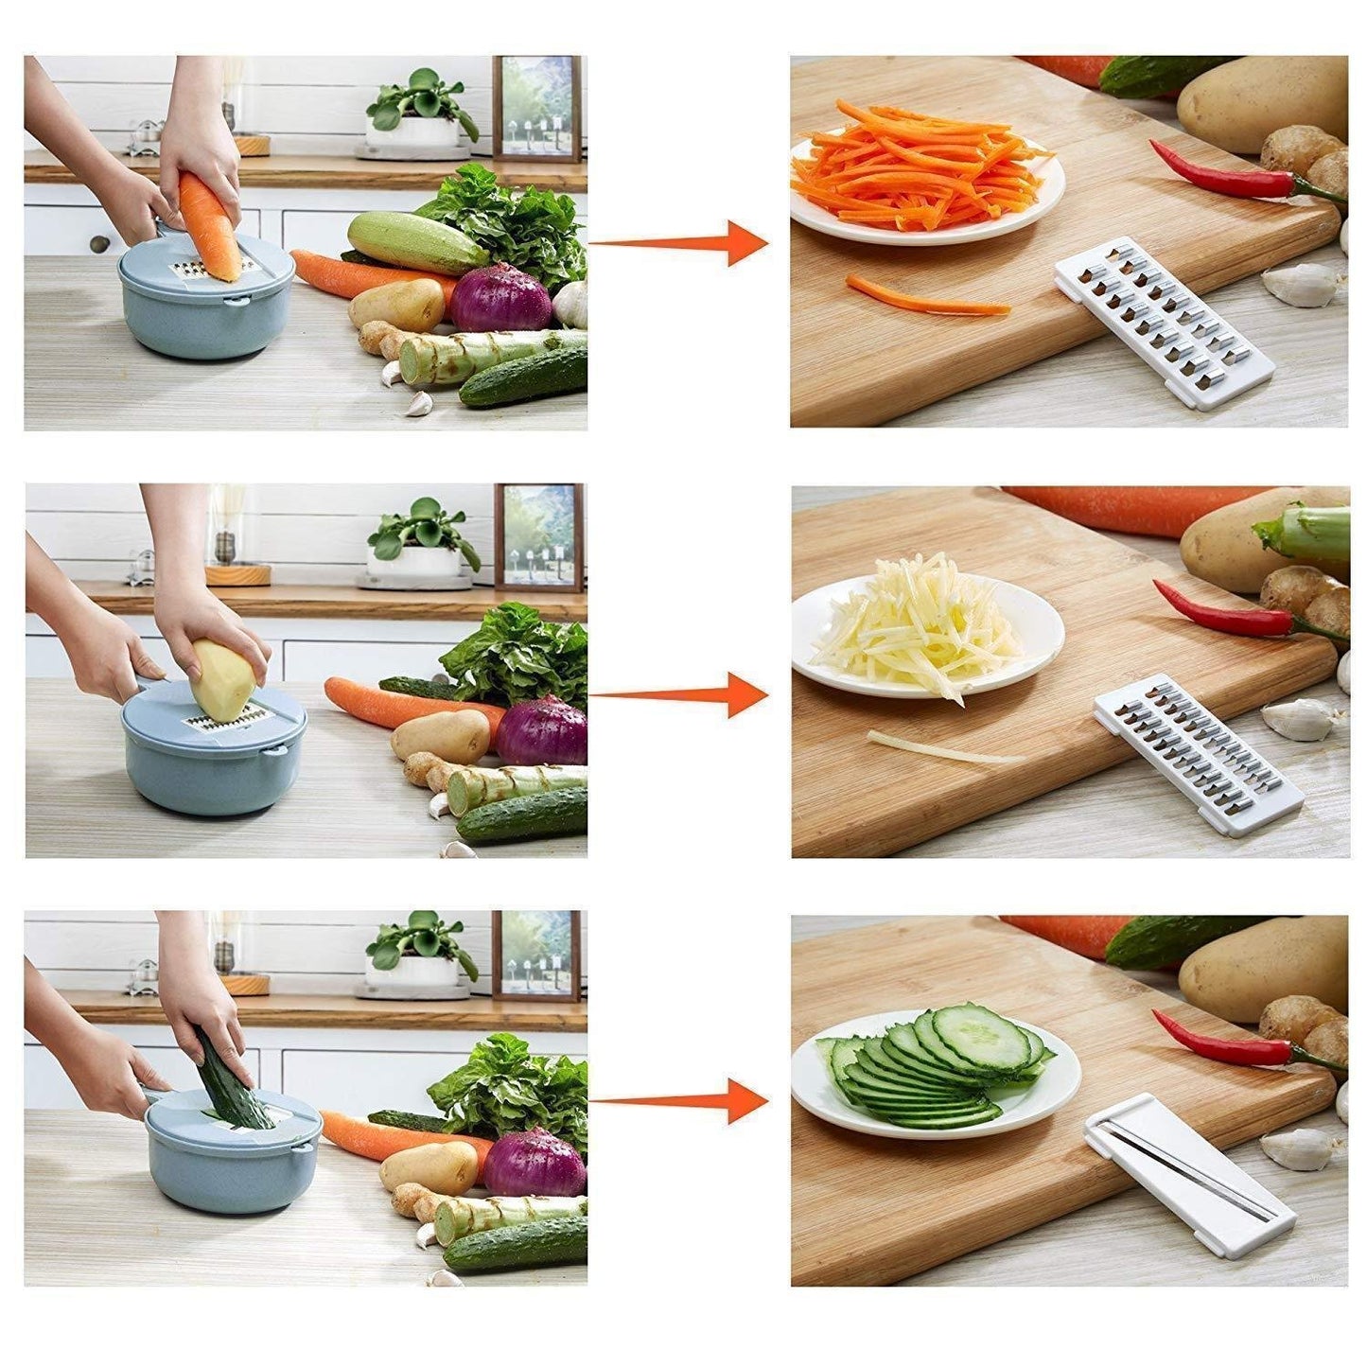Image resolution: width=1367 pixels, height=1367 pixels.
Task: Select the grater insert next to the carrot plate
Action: click(x=1164, y=322)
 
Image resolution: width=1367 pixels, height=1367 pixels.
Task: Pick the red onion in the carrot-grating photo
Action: click(x=499, y=298)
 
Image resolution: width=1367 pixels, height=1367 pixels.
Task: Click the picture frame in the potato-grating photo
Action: click(x=537, y=537)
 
